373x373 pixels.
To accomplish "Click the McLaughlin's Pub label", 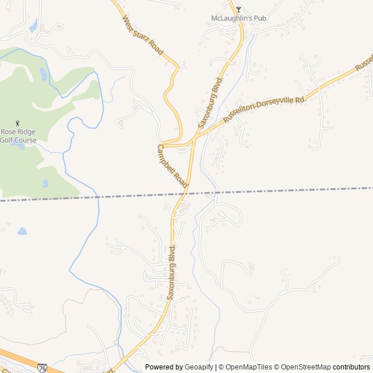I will click(x=238, y=18).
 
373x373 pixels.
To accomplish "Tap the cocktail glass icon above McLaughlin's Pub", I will click(x=238, y=9).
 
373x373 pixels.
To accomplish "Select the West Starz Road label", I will click(x=143, y=36).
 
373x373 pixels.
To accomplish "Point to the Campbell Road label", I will click(x=173, y=167).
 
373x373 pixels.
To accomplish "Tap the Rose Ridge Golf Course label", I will click(x=17, y=136).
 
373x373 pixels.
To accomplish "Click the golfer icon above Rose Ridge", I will click(x=17, y=123).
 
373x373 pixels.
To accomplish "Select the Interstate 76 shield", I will click(x=42, y=368).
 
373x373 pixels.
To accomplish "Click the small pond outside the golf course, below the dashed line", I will click(x=22, y=231).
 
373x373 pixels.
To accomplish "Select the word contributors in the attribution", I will click(x=351, y=367).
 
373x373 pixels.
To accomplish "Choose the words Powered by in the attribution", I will click(x=163, y=367).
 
